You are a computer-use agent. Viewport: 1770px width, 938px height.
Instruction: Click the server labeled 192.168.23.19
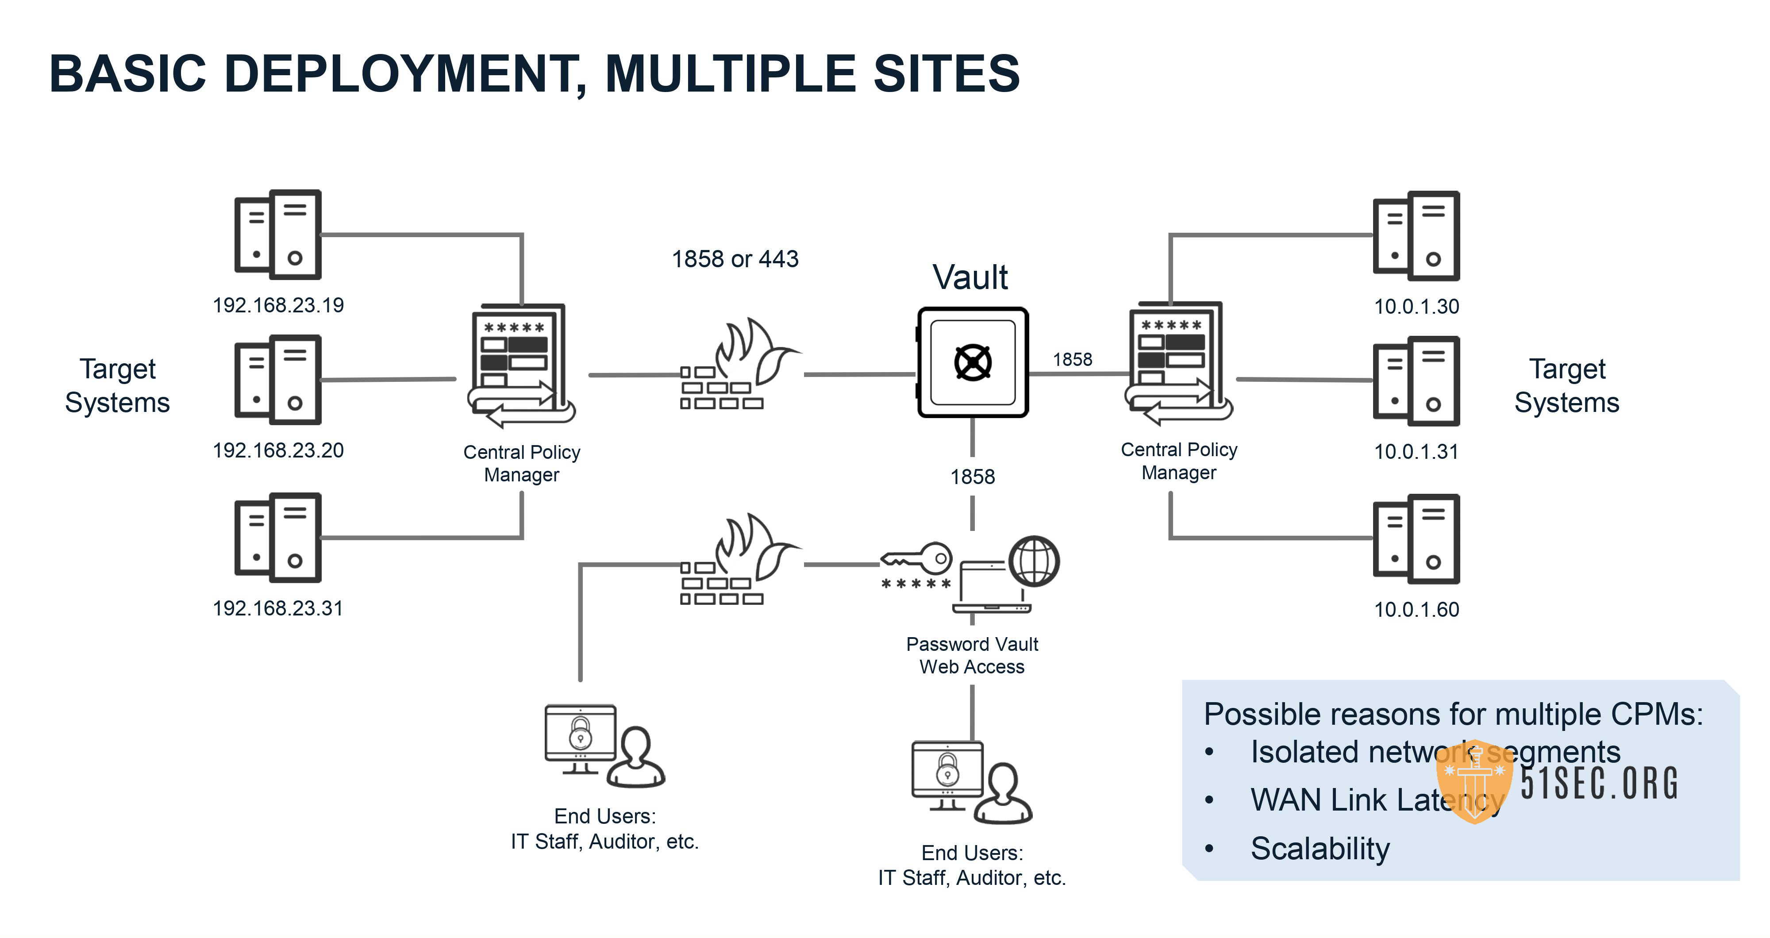[277, 234]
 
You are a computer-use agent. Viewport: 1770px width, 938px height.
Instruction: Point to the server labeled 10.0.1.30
[1416, 236]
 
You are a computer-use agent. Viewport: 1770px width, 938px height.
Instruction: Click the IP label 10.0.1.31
[1416, 451]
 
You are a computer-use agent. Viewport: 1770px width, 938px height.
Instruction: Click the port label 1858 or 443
[735, 259]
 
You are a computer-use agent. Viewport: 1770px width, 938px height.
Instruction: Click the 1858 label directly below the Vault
[972, 476]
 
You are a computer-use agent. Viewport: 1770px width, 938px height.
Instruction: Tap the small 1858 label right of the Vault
[1072, 359]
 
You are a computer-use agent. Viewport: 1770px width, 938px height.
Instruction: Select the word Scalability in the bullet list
[1319, 849]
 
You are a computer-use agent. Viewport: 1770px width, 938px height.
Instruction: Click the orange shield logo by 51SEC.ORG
[1474, 781]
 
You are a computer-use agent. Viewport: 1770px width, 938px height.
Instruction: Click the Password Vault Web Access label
[972, 655]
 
